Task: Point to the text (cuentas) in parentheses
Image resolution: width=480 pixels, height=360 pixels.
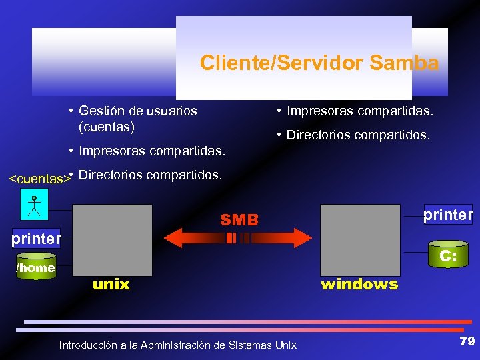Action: (107, 126)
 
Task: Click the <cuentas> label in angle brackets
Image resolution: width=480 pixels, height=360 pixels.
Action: (39, 178)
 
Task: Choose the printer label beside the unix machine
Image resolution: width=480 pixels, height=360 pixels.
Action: (35, 238)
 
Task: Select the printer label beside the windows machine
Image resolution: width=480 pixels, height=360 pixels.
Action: (448, 214)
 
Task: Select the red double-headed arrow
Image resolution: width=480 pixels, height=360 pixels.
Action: (239, 237)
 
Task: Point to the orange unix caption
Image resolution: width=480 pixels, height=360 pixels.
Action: (111, 285)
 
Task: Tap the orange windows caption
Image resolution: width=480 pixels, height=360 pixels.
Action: (359, 285)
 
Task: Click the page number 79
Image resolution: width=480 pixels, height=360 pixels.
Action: (467, 341)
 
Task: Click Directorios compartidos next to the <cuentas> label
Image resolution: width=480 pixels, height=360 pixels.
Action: (150, 175)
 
